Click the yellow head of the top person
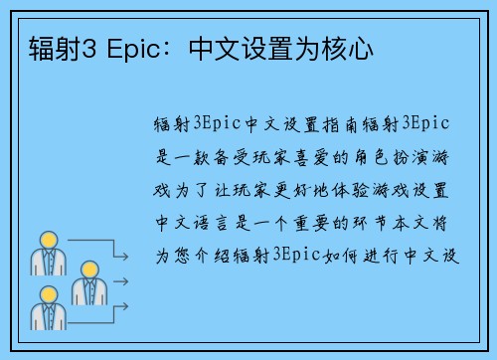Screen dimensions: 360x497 pos(46,240)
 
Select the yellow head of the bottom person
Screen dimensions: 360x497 pos(46,294)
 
